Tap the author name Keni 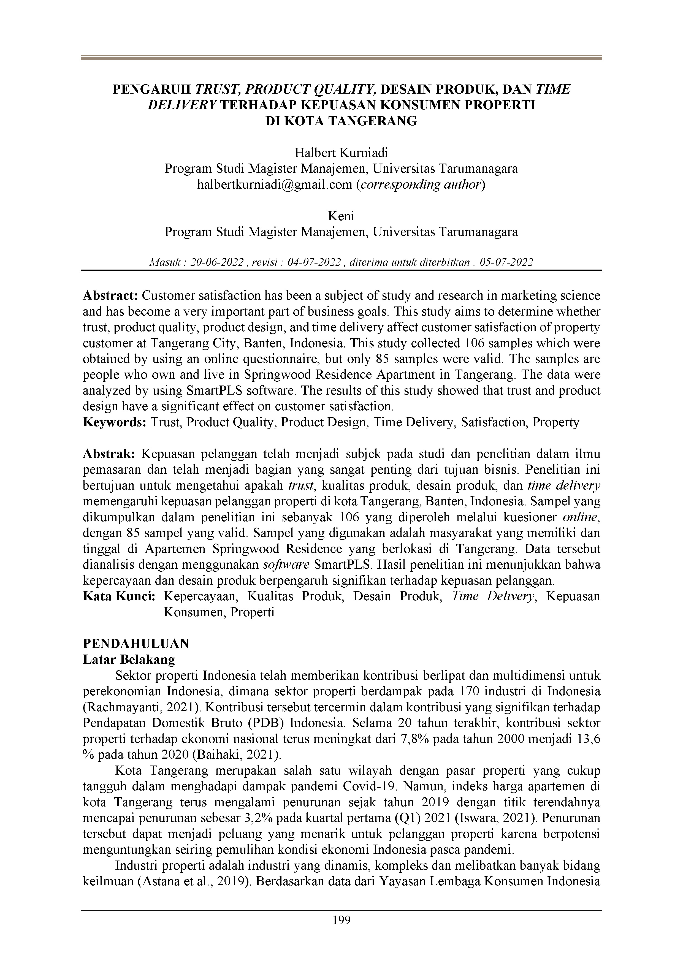point(341,216)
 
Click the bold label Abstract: point(110,296)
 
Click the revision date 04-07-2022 point(313,262)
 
